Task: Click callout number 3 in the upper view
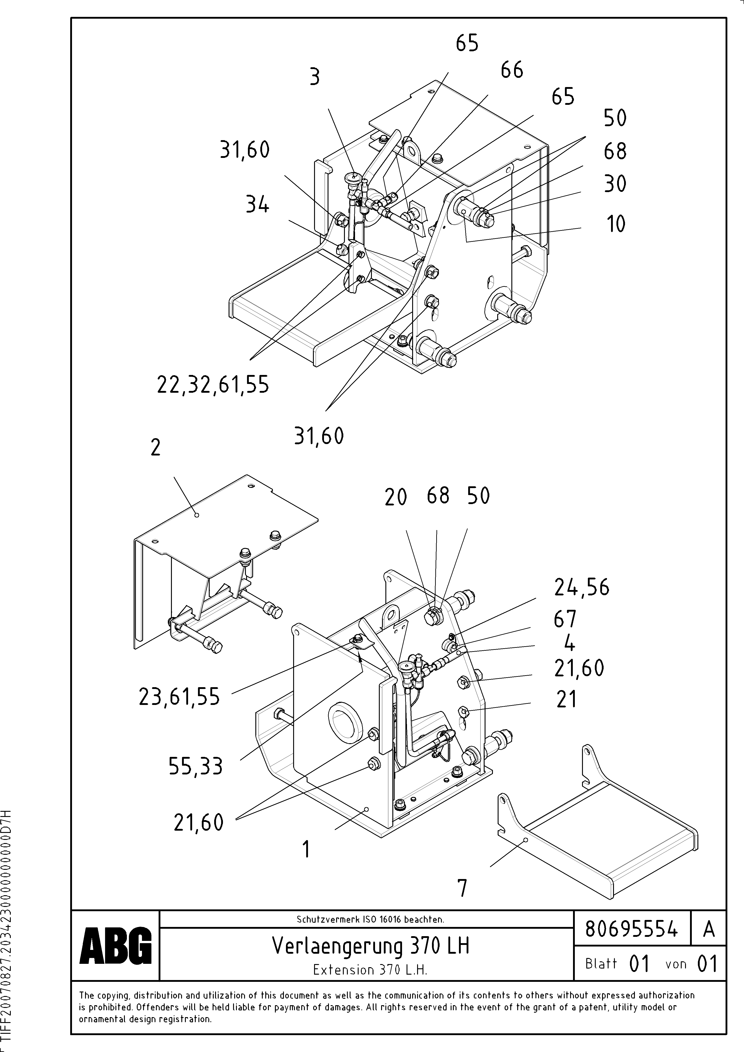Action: point(315,77)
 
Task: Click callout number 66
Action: point(512,70)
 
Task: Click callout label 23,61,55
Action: point(179,697)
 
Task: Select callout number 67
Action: point(564,619)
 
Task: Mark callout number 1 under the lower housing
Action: point(306,849)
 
